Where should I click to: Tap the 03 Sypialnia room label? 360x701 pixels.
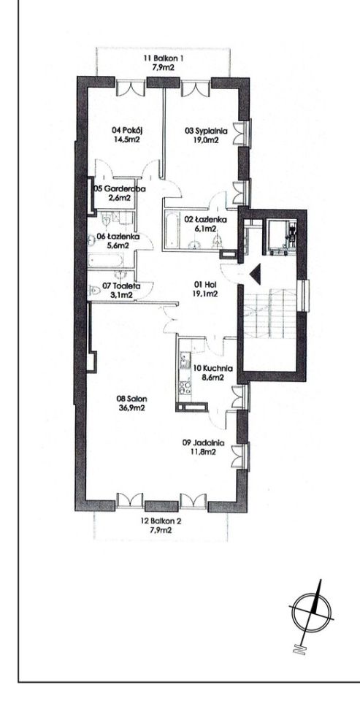[207, 131]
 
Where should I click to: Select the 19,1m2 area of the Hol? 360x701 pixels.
[206, 294]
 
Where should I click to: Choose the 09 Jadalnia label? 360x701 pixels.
[204, 443]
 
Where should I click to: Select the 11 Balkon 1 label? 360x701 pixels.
[164, 58]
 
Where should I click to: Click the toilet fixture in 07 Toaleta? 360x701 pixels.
[95, 291]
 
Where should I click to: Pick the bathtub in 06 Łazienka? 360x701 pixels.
[106, 261]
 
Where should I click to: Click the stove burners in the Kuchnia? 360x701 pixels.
[184, 387]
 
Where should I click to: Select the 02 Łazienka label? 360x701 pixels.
[206, 220]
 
